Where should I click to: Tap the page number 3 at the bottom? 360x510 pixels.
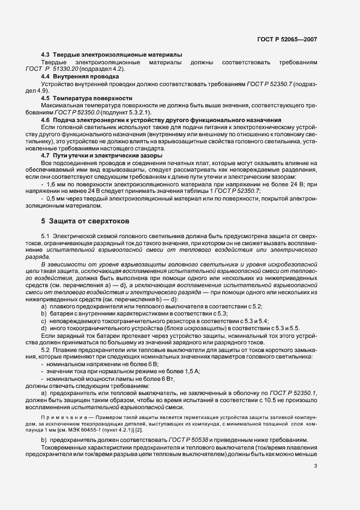click(315, 465)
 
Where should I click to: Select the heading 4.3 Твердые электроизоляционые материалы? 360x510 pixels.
click(112, 56)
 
